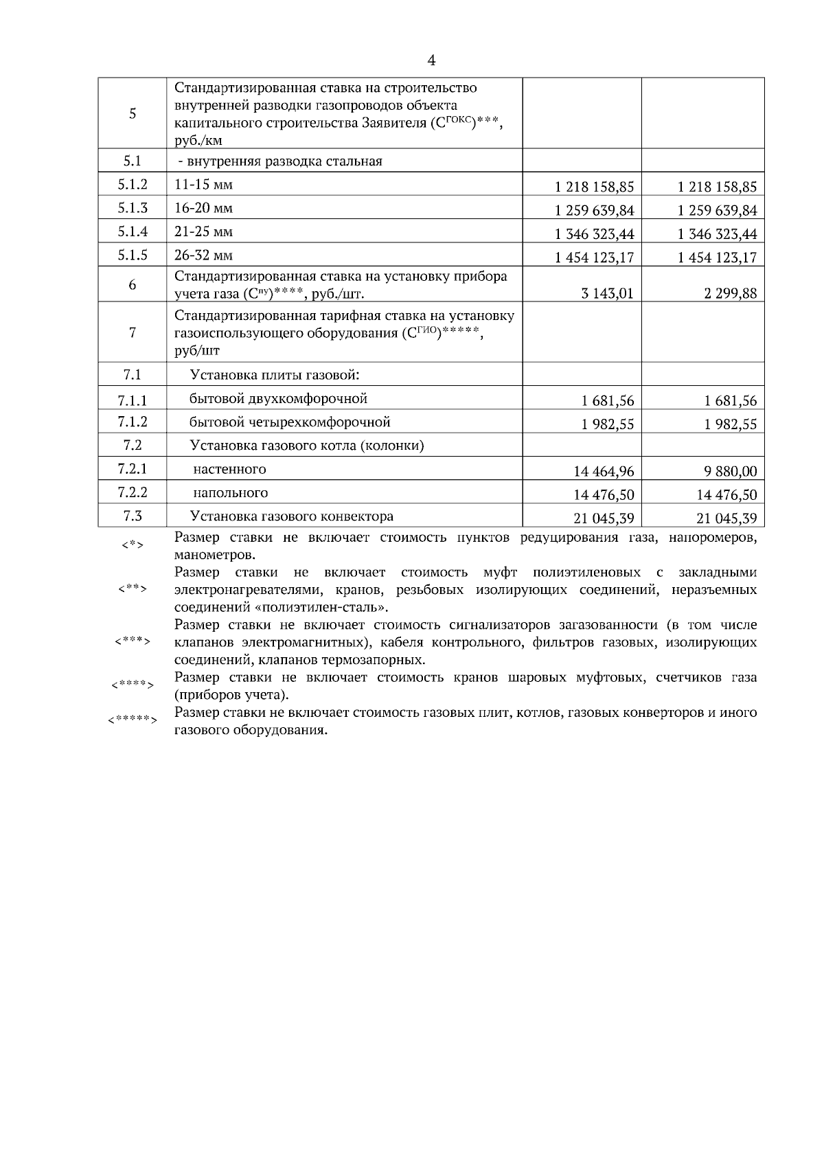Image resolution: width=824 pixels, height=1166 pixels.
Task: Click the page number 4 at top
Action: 431,60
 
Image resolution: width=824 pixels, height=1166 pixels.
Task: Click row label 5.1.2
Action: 133,185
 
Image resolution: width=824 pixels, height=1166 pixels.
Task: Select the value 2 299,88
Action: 728,294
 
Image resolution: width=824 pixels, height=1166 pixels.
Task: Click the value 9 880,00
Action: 727,471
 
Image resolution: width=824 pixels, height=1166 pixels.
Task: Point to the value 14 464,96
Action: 604,471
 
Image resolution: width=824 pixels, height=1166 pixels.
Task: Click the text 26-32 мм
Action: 203,255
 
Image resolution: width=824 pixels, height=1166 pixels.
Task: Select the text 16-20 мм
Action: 203,208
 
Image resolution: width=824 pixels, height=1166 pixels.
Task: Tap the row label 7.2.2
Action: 133,492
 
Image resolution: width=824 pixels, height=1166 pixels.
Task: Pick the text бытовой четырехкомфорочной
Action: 290,422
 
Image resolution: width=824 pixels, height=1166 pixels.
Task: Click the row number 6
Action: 133,285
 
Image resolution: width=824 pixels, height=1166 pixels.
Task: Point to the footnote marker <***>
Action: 133,641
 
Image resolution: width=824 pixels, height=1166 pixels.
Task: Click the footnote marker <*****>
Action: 133,720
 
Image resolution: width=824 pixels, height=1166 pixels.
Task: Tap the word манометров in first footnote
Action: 214,555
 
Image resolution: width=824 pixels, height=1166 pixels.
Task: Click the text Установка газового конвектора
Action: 291,516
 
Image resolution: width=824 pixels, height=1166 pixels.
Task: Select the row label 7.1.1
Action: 133,400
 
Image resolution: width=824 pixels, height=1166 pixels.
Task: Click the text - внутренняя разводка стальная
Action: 279,161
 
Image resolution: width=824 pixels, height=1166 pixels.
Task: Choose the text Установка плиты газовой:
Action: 275,376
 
